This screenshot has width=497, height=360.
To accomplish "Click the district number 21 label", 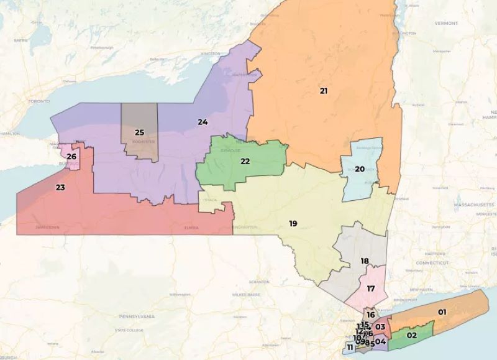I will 324,91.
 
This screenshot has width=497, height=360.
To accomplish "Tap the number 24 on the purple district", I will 203,121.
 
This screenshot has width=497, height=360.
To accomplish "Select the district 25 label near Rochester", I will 140,132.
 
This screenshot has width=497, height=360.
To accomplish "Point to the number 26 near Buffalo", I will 71,157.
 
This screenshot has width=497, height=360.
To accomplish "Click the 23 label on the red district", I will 60,187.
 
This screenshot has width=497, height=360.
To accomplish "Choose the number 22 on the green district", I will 245,161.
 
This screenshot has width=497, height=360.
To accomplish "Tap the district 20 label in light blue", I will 360,169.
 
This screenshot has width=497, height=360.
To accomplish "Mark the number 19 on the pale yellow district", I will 293,223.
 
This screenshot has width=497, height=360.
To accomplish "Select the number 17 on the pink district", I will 371,288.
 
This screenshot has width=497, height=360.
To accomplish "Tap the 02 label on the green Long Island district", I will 411,335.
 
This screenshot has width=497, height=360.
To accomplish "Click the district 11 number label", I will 350,347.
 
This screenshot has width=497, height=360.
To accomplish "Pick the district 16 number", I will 370,315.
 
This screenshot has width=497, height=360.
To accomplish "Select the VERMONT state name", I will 446,22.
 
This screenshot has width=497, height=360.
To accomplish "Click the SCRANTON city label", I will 259,282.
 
